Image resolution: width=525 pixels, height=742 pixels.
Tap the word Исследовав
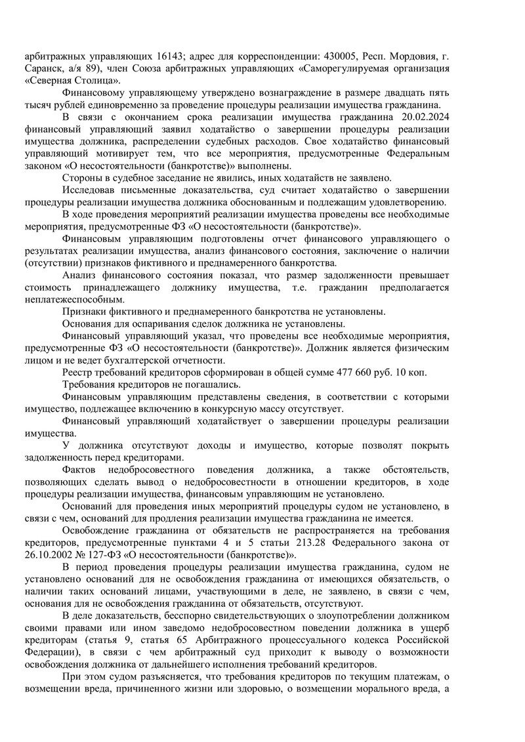90,190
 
